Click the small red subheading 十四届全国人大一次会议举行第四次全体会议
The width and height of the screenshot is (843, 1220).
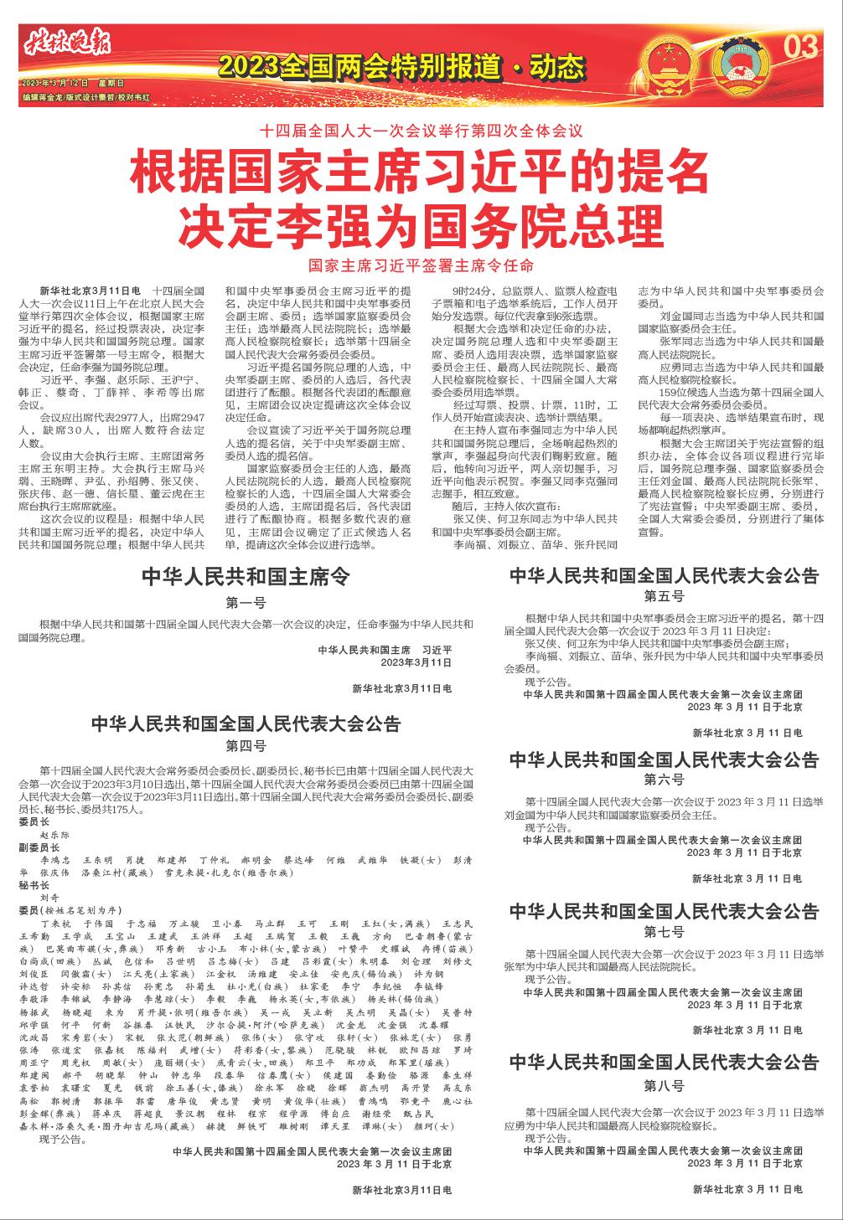point(421,131)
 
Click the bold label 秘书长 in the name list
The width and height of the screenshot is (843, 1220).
point(34,883)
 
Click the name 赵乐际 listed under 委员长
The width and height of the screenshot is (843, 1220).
point(55,835)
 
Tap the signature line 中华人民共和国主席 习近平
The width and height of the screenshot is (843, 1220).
point(385,649)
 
